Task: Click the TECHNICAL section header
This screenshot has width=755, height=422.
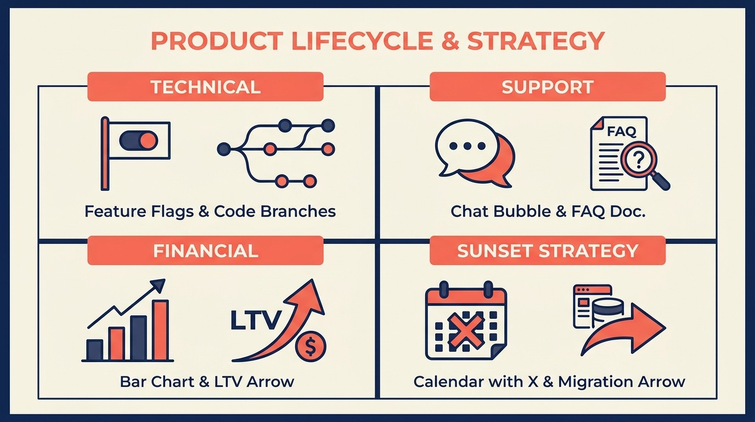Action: [x=205, y=87]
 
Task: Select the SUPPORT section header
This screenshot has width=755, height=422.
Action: [x=547, y=87]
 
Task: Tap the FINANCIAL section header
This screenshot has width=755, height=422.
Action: [x=205, y=251]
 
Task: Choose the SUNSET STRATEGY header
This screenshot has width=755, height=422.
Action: [x=547, y=251]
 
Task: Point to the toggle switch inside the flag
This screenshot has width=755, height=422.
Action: [x=139, y=141]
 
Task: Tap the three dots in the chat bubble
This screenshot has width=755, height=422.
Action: [x=467, y=146]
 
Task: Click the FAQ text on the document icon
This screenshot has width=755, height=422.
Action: [x=621, y=132]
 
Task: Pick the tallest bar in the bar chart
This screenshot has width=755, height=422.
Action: [x=160, y=330]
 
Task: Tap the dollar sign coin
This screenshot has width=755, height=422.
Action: [x=311, y=347]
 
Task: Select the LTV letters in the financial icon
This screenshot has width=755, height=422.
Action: [x=256, y=321]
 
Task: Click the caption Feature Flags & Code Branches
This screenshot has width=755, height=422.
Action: [x=210, y=211]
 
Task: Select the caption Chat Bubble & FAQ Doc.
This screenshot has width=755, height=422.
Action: [x=548, y=211]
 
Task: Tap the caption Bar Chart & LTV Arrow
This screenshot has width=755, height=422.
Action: [x=207, y=381]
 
